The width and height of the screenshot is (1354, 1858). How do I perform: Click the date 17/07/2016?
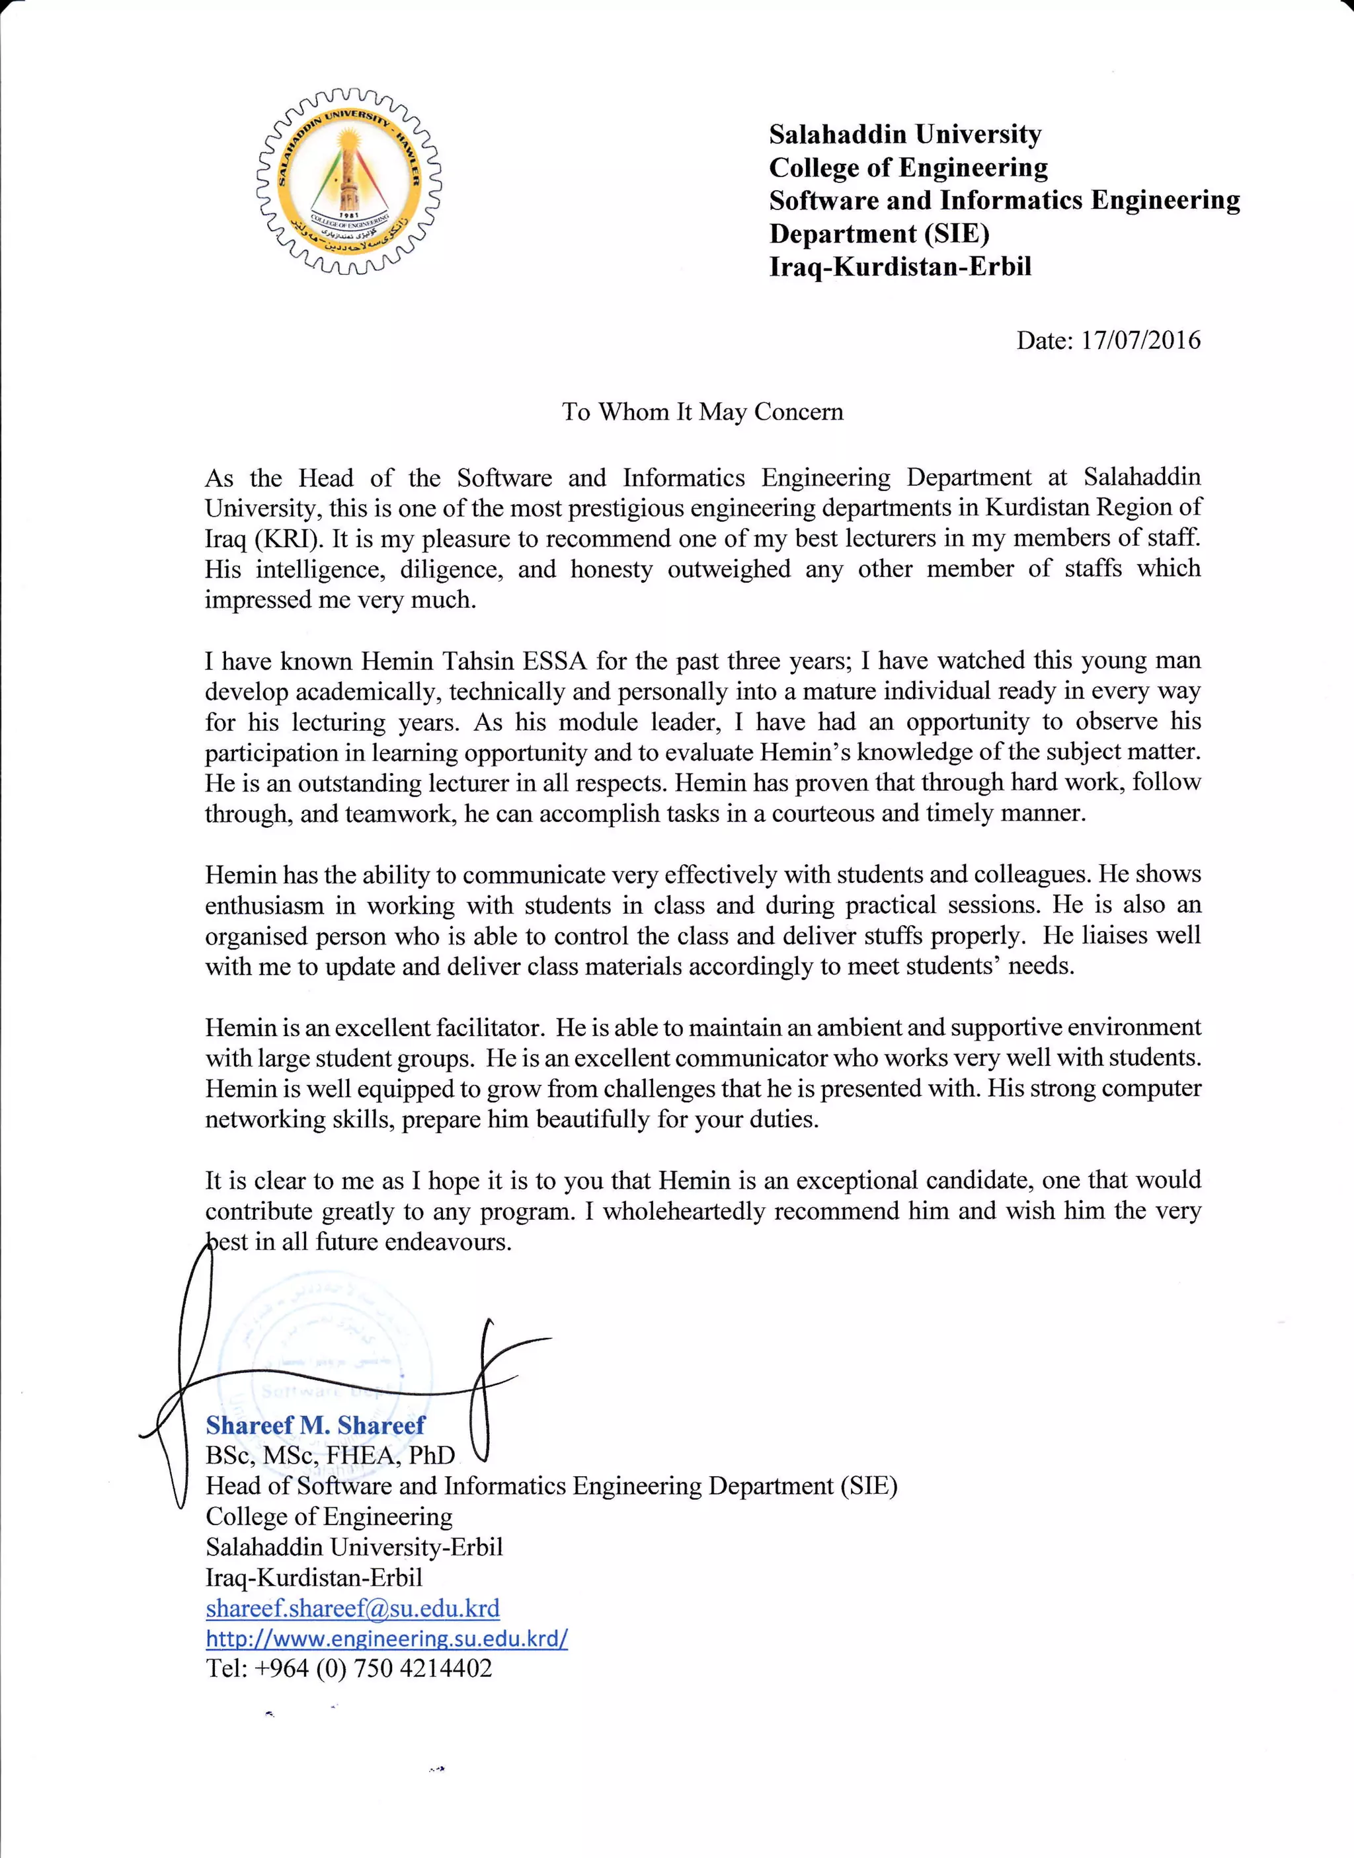pos(1140,340)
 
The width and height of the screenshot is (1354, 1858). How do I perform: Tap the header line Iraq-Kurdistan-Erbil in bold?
pos(900,267)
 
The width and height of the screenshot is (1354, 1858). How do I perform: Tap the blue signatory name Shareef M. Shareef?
pos(315,1425)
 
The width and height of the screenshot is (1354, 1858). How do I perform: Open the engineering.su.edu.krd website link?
pos(387,1639)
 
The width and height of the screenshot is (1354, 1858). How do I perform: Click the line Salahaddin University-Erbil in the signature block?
pos(354,1547)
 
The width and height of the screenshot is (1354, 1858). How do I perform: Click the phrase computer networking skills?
pos(1131,1089)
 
